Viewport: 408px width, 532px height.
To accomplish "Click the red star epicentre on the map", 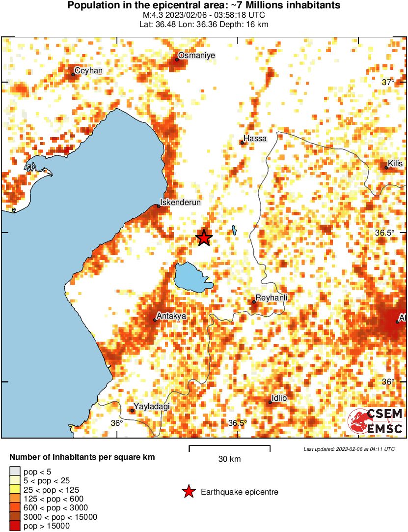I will (204, 238).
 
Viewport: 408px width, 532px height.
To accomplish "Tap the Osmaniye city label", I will (196, 56).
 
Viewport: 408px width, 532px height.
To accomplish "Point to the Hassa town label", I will (255, 139).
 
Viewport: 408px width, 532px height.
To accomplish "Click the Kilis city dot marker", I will (386, 168).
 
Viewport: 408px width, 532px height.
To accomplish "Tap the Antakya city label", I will (171, 316).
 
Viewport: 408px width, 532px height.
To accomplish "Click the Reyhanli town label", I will (271, 298).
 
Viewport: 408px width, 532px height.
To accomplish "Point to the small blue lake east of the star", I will (235, 230).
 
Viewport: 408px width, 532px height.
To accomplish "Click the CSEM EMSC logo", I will (376, 421).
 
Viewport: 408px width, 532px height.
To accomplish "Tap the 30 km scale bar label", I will (229, 459).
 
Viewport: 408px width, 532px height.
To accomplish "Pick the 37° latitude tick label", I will (388, 82).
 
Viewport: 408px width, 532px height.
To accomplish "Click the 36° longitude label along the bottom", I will (116, 423).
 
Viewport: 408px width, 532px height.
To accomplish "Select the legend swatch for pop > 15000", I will (15, 526).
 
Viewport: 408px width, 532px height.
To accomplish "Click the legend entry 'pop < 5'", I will (37, 472).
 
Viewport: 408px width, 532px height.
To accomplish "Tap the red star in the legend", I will (188, 492).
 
